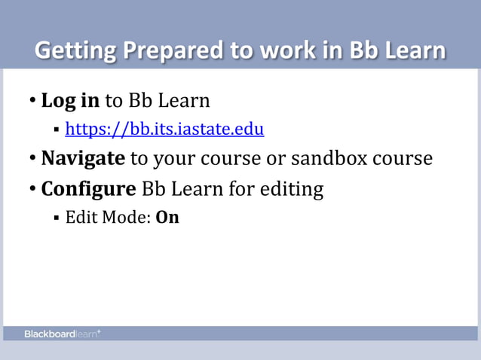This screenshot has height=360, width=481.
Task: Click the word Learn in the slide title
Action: click(x=411, y=51)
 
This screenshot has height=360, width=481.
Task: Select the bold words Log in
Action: click(x=70, y=100)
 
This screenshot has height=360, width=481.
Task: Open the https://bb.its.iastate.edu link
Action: click(x=164, y=130)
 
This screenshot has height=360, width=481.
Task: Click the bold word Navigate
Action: click(x=83, y=159)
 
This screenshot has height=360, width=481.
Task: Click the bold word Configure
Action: click(x=88, y=188)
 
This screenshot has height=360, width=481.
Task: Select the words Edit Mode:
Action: click(x=108, y=218)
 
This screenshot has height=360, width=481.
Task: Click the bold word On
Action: click(x=167, y=218)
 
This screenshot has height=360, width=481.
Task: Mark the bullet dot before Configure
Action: click(x=32, y=189)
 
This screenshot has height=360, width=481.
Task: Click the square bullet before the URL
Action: click(x=57, y=131)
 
